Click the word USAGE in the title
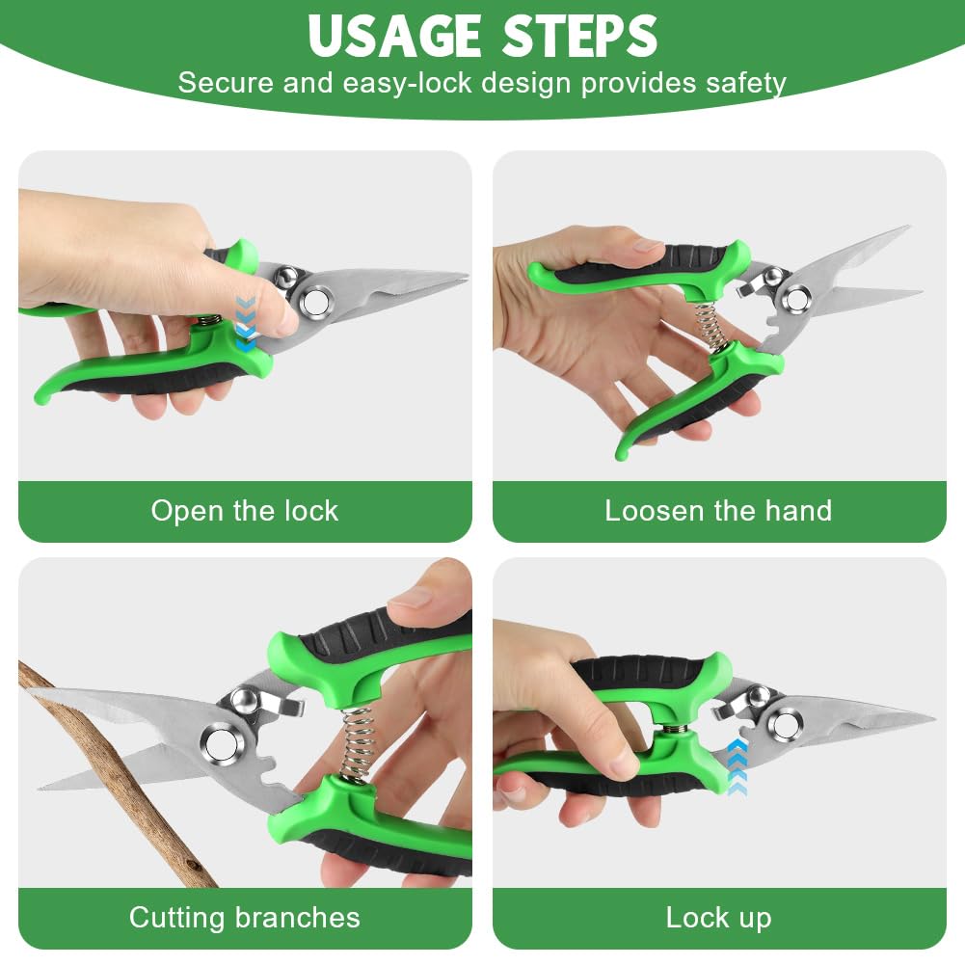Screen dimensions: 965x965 click(394, 36)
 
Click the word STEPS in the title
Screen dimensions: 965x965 click(579, 36)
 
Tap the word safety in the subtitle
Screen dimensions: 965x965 click(746, 83)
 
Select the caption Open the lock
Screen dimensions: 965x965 click(244, 511)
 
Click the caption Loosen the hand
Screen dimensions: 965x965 click(718, 511)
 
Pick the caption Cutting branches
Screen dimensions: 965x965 click(244, 918)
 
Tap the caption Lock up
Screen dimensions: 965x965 click(718, 918)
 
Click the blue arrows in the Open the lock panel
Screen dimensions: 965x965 click(246, 324)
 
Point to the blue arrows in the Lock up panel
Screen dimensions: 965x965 click(737, 767)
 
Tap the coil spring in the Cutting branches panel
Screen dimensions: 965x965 click(357, 745)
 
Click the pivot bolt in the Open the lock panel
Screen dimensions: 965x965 click(315, 302)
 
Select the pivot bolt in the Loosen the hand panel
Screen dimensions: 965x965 click(796, 301)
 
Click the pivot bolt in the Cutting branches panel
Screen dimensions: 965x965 click(222, 744)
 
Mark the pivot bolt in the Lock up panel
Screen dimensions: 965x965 click(786, 724)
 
